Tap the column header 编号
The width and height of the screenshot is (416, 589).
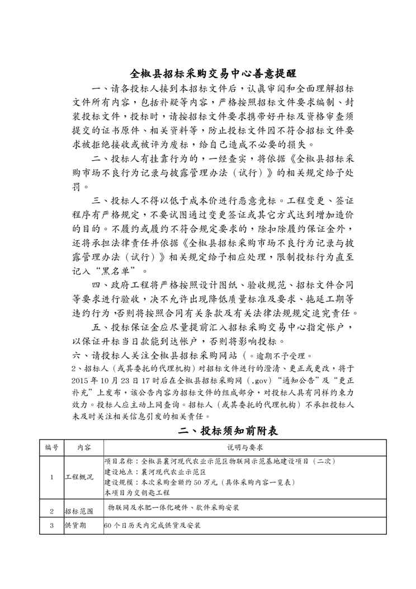[x=51, y=448]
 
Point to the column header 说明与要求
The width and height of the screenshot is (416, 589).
[x=244, y=448]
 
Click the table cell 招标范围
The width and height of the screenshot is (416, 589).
[x=77, y=511]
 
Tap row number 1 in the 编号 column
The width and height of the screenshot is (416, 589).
[x=51, y=477]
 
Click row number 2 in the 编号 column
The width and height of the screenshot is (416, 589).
[x=51, y=511]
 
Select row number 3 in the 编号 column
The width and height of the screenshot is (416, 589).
[x=51, y=526]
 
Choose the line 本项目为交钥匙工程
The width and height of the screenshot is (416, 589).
[x=137, y=493]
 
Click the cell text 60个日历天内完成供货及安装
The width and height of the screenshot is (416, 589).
[x=153, y=526]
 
